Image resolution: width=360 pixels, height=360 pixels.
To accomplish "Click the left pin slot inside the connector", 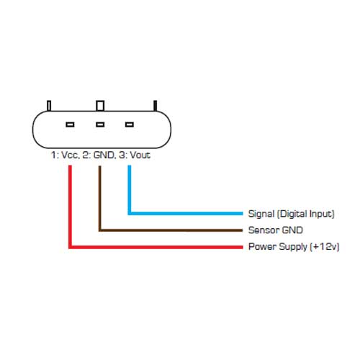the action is [x=70, y=125].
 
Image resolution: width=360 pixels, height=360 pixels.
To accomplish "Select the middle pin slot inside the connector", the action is [x=100, y=125].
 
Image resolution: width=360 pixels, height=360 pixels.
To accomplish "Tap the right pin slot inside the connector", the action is [x=130, y=125].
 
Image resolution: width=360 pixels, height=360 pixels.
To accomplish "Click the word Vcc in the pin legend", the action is [x=71, y=155].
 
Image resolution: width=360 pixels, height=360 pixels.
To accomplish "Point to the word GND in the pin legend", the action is [x=104, y=155].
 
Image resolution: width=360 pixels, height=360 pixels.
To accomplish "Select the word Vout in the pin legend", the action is [x=140, y=155].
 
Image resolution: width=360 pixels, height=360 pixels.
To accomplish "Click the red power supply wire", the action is [x=70, y=247].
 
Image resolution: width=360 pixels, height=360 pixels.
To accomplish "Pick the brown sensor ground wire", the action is [x=100, y=230].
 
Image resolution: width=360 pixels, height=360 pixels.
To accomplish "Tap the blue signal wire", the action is [x=130, y=213].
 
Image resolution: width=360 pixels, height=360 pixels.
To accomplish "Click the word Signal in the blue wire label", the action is [x=261, y=214].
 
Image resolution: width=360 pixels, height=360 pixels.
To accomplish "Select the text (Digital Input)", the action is [x=306, y=214].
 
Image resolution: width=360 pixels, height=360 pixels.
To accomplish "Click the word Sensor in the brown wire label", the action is [x=264, y=230].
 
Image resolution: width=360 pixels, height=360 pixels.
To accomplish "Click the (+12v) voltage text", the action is [x=325, y=247].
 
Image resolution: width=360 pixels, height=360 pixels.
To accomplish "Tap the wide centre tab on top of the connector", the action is [x=100, y=106].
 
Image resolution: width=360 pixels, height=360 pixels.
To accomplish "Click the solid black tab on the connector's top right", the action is [x=156, y=106].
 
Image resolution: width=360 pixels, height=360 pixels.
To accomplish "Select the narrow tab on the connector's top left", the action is [x=49, y=106].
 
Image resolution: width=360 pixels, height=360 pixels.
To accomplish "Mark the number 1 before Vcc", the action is [x=53, y=155].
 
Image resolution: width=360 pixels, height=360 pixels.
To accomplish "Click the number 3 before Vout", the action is [x=122, y=155].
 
